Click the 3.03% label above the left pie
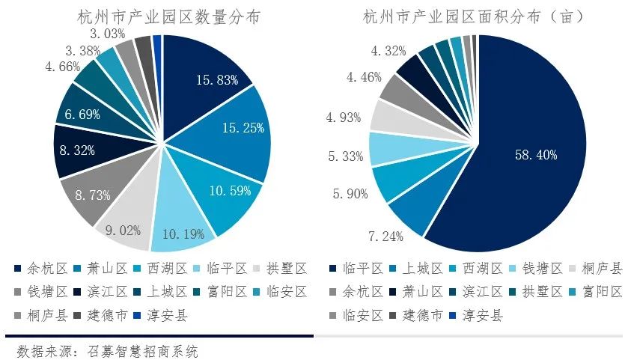pyautogui.click(x=108, y=34)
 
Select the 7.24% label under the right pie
pyautogui.click(x=385, y=237)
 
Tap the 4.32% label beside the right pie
pyautogui.click(x=388, y=52)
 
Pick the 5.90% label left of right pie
pyautogui.click(x=345, y=194)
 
